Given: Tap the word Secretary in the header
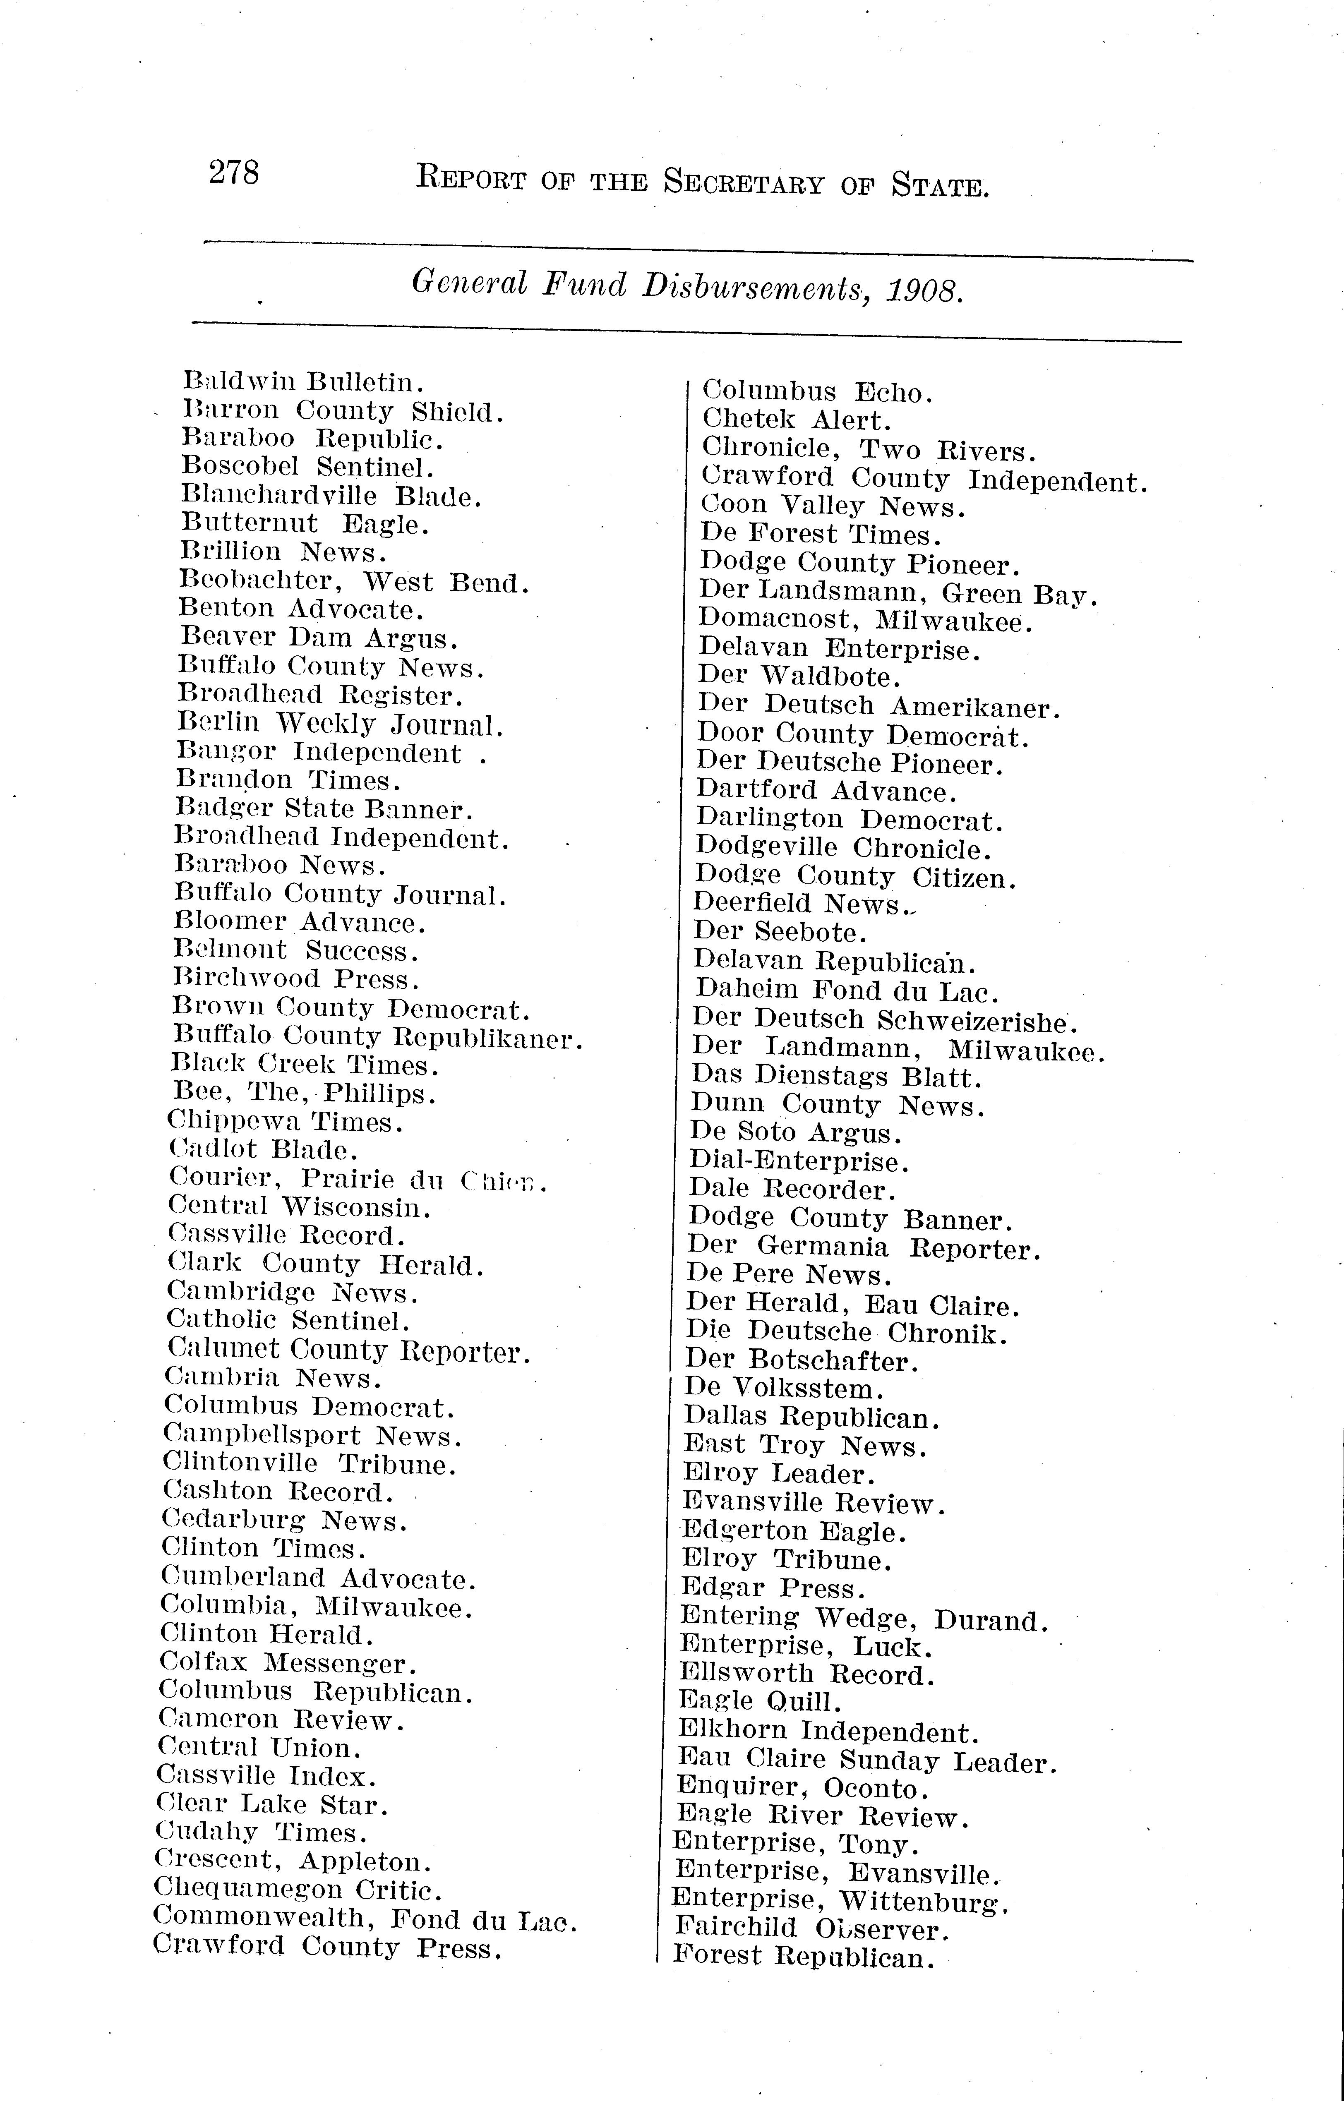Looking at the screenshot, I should tap(743, 183).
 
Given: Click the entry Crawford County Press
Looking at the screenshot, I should tap(327, 1948).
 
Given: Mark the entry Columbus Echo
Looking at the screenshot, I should tap(818, 393).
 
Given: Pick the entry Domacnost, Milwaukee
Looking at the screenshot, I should tap(865, 621).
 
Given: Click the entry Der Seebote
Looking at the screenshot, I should tap(780, 933).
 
